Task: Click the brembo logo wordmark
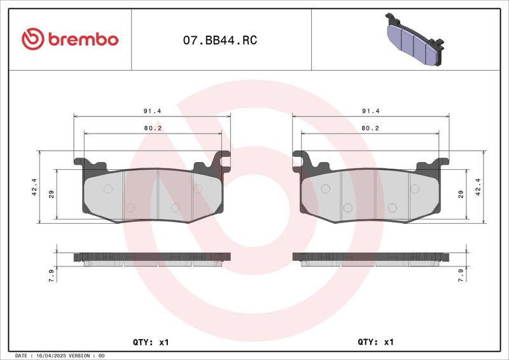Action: tap(83, 39)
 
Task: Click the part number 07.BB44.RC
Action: tap(220, 40)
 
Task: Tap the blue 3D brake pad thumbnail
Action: tap(415, 39)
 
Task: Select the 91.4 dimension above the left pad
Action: tap(152, 111)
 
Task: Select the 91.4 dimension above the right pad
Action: tap(371, 111)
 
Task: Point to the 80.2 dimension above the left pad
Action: tap(153, 128)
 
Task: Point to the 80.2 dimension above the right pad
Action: tap(370, 128)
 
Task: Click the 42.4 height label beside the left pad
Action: tap(34, 187)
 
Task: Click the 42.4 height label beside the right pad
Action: tap(478, 187)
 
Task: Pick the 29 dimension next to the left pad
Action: tap(52, 194)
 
